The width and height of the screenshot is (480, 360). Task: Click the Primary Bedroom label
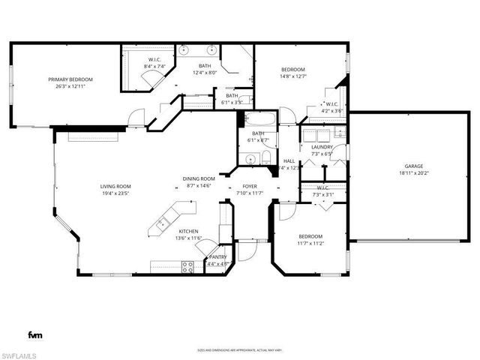(70, 79)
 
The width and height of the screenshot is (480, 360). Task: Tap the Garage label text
(414, 166)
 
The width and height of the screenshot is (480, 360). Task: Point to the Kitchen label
(188, 231)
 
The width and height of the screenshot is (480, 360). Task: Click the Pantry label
(218, 256)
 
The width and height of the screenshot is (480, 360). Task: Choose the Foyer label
(250, 186)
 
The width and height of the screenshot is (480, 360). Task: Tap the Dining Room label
(199, 178)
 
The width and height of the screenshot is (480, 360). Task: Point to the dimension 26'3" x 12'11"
(70, 86)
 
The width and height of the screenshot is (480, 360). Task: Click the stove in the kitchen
(188, 265)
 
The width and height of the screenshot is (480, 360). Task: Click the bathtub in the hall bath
(259, 119)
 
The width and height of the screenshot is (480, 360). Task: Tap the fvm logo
(35, 334)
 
